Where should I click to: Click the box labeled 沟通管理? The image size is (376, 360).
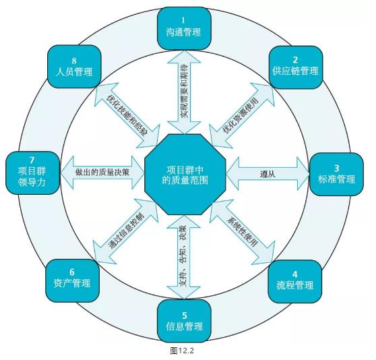pos(184,28)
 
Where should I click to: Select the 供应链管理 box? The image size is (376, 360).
pos(295,67)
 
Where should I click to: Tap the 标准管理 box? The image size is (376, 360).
pos(336,175)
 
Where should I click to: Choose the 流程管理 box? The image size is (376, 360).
pos(294,281)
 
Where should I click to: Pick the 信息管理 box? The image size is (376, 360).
pos(184,321)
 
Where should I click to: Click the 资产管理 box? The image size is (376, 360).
pos(72,280)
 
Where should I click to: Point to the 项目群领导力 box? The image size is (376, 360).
pos(32,173)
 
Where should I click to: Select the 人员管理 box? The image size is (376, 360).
pos(74,67)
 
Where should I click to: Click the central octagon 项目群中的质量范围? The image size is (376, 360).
pos(185,175)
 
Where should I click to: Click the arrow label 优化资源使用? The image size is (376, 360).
pos(241,115)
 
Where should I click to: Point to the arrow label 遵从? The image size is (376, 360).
pos(268,174)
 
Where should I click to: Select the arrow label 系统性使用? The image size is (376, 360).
pos(243,233)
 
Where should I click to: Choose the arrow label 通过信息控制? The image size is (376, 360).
pos(126,231)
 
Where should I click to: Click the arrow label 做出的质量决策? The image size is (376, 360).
pos(102,172)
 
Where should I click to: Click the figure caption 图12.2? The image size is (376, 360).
pos(182,351)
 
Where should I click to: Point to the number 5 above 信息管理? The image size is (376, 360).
pos(185,315)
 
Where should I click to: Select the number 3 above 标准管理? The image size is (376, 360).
pos(337,168)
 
